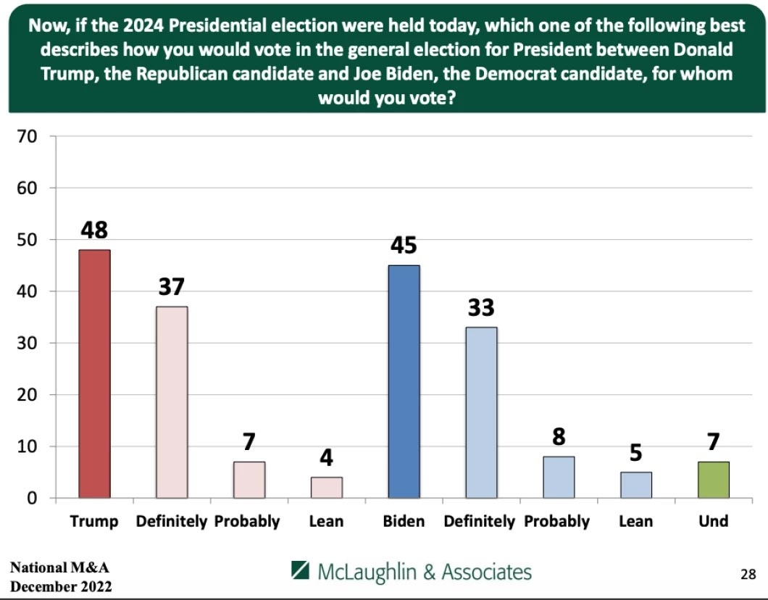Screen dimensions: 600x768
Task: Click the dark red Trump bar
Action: coord(94,374)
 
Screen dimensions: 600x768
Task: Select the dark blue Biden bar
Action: coord(404,382)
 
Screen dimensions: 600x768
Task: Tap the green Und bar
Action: coord(714,480)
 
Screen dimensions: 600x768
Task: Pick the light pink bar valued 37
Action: coord(172,402)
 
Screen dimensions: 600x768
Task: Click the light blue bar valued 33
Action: coord(481,412)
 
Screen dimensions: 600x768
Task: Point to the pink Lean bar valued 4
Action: coord(327,488)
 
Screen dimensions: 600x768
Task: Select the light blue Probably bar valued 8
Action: coord(559,477)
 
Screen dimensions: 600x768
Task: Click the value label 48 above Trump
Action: coord(94,230)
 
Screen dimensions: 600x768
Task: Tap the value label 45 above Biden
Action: coord(404,246)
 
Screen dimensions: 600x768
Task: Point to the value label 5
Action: coord(636,453)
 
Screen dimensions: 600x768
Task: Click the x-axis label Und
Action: coord(714,521)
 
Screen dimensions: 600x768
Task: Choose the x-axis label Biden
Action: coord(404,521)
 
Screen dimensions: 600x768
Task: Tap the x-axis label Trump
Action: coord(94,521)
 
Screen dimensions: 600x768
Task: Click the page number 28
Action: coord(748,575)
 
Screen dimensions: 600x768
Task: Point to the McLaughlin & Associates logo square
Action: coord(301,570)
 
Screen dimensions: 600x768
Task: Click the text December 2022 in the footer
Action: coord(61,586)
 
